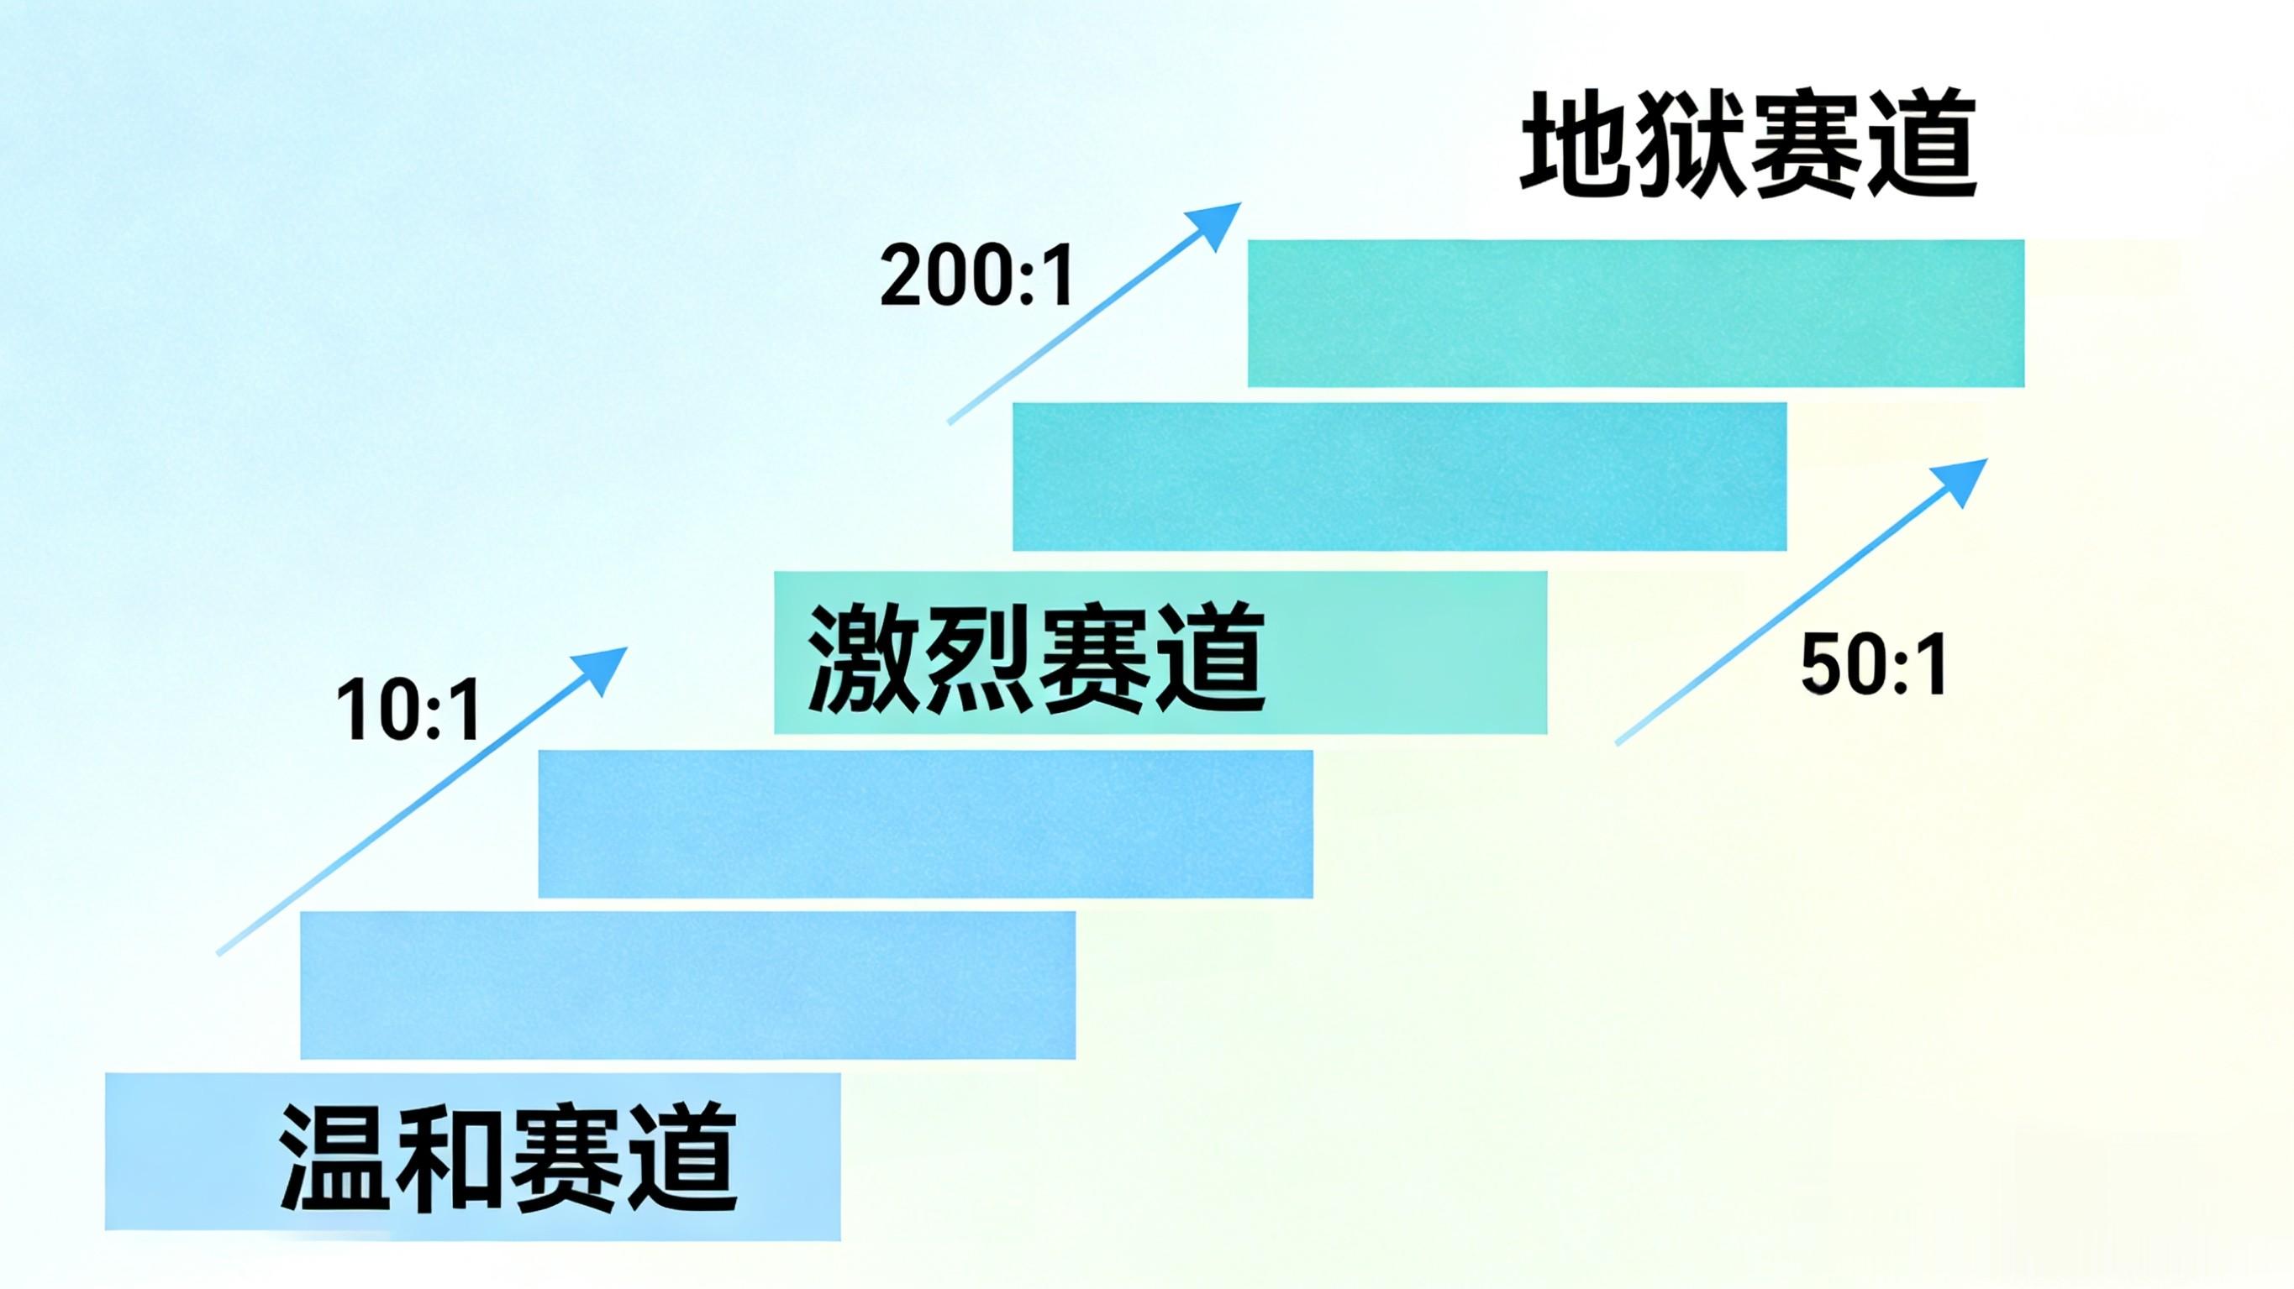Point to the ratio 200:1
click(977, 276)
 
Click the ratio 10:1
click(408, 710)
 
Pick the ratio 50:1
click(1874, 665)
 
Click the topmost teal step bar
click(1635, 313)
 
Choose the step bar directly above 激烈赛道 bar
click(1399, 476)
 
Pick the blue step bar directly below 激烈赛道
click(925, 824)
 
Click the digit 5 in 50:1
click(1823, 665)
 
